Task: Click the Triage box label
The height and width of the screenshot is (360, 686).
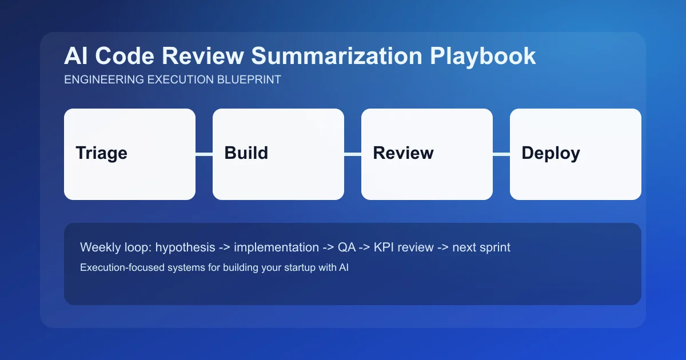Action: (101, 153)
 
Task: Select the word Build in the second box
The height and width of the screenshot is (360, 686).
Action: (246, 153)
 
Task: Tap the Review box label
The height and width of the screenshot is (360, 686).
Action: (403, 153)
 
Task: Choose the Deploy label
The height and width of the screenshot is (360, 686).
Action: (551, 153)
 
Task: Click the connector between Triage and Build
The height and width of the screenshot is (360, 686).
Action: (204, 154)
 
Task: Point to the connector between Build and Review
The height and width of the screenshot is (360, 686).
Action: (353, 154)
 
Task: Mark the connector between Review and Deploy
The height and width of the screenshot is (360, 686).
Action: (501, 154)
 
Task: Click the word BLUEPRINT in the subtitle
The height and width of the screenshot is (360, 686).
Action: (249, 80)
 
